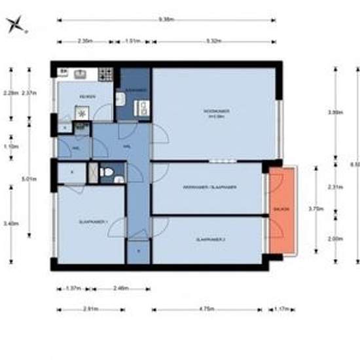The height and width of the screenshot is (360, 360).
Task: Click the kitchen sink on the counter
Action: pos(81,73)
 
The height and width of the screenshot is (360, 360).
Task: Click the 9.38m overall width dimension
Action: pos(166,20)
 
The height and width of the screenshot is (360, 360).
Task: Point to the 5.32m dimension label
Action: pos(212,41)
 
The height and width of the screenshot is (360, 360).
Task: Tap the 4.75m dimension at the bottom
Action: pos(206,309)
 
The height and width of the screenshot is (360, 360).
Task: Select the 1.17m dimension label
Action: pos(282,309)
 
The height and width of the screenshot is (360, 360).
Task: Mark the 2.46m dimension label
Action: pos(120,288)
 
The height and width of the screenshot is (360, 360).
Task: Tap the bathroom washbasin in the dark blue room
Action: pos(121,99)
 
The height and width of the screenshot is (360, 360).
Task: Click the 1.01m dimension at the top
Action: pos(133,41)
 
